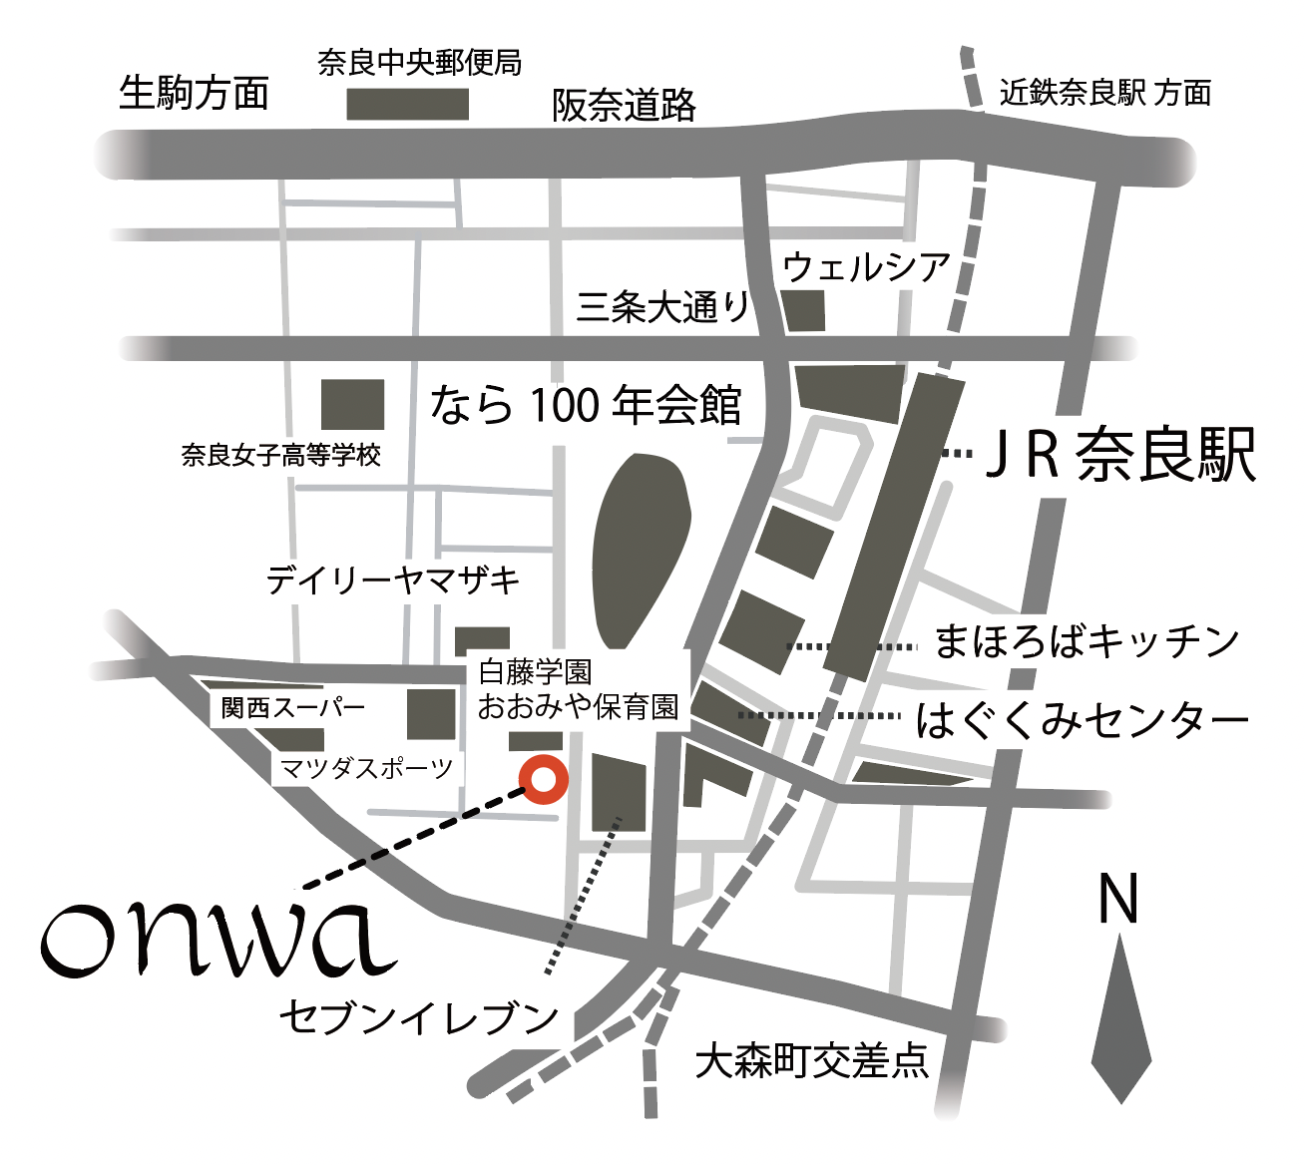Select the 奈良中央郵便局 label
point(419,63)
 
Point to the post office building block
point(407,104)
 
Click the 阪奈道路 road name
point(625,105)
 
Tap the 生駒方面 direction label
point(195,93)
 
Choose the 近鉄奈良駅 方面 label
point(1105,93)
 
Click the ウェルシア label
point(866,267)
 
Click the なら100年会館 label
point(586,406)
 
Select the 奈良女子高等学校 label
point(281,455)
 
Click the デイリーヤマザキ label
point(393,580)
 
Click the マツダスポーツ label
point(366,768)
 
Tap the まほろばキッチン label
point(1087,641)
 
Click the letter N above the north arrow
point(1117,899)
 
